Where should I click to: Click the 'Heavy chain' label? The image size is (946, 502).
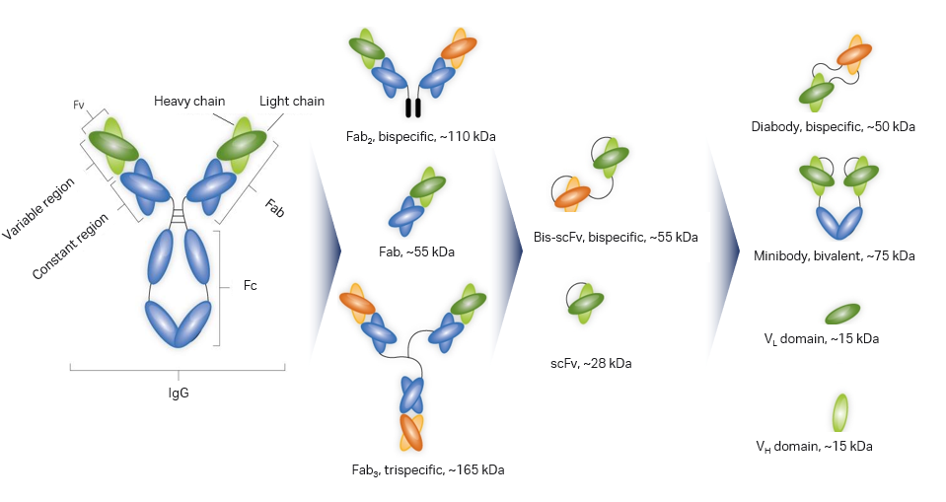pos(189,102)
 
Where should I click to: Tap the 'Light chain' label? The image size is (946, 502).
pos(292,102)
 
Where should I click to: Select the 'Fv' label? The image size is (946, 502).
pos(80,104)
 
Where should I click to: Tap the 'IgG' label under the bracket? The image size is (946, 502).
pos(178,393)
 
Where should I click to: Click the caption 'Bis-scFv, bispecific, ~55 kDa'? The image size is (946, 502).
pos(613,238)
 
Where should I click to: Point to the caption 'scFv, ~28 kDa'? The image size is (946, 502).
pos(592,363)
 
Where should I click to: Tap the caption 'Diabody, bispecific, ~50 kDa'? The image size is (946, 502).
pos(834,127)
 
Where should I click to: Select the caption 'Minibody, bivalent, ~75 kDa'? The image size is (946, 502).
pos(835,255)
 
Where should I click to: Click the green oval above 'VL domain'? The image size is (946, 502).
pos(841,314)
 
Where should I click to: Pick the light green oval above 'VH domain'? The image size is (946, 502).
pos(841,413)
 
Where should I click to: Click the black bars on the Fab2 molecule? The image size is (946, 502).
pos(413,107)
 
